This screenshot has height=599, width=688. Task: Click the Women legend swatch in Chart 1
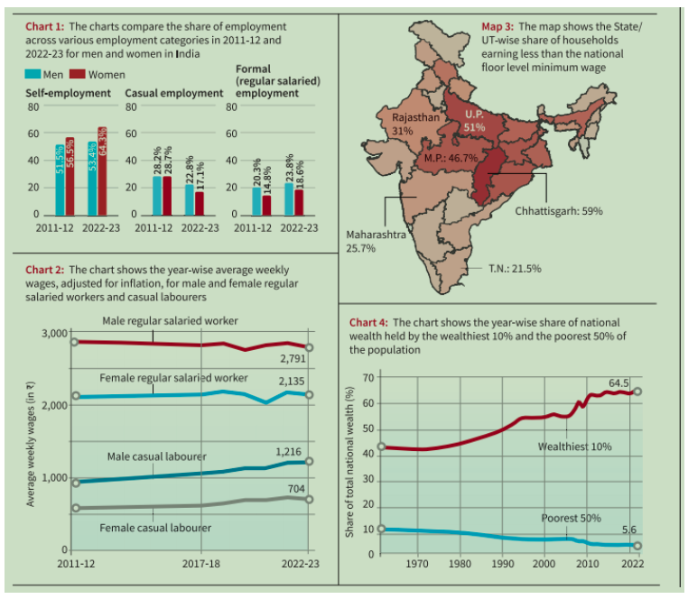point(79,74)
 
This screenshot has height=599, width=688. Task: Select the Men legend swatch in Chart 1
point(32,74)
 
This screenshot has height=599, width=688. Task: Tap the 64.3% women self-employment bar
point(102,171)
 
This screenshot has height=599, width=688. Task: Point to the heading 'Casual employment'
point(173,93)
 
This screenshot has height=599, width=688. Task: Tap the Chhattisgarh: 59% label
point(559,210)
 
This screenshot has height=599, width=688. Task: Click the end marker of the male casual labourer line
point(309,461)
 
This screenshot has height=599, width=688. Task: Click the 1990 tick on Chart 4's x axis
point(502,565)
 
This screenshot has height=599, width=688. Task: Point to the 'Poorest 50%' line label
point(572,519)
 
